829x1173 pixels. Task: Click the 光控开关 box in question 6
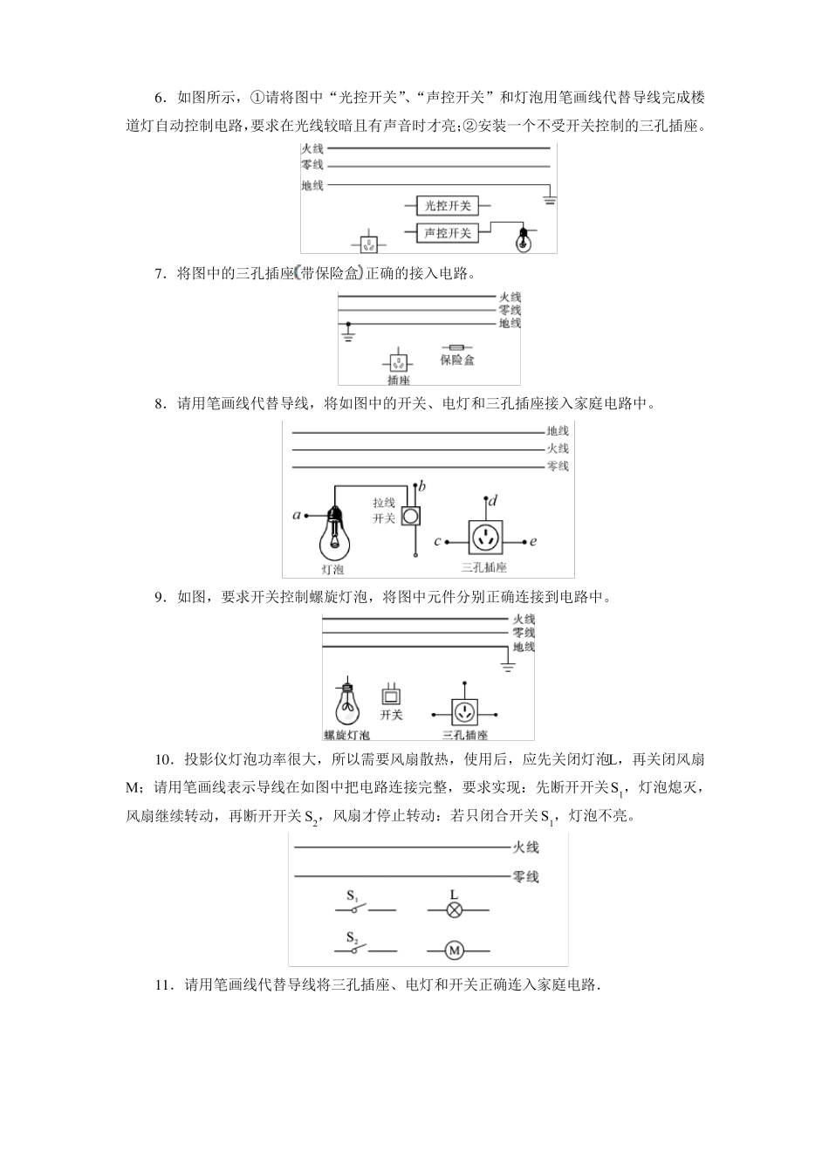point(448,206)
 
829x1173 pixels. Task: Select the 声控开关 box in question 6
point(448,233)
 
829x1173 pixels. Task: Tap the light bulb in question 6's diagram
point(523,239)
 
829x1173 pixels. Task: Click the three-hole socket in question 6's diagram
point(370,242)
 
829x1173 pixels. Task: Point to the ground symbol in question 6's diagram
point(550,200)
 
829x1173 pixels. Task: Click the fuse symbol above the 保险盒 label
point(456,346)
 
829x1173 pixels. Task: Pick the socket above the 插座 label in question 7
point(398,361)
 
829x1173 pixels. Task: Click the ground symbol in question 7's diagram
point(347,334)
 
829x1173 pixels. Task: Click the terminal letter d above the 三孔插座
point(493,501)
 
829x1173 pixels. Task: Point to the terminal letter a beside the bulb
point(297,515)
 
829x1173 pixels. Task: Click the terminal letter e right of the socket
point(533,541)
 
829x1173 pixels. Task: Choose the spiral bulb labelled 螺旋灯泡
point(346,703)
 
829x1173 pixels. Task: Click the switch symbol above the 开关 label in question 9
point(391,696)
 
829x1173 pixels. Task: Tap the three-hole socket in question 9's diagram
point(464,711)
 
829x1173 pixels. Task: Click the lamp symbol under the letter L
point(454,909)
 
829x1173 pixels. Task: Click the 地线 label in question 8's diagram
point(558,430)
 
